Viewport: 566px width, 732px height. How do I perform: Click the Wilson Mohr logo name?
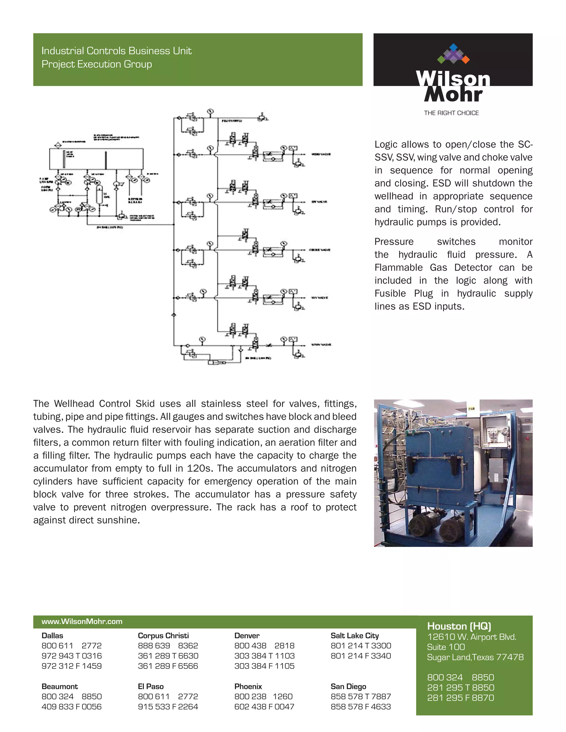(453, 86)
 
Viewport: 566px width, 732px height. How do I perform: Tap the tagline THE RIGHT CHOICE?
(451, 113)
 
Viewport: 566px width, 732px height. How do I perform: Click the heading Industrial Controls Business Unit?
(116, 51)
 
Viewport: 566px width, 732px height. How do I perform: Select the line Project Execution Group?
(96, 64)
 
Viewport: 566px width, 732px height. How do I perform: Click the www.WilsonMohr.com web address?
(82, 622)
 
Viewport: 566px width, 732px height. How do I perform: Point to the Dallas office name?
(52, 636)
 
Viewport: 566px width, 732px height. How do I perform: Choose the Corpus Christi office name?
(163, 636)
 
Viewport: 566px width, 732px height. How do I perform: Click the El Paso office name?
(151, 686)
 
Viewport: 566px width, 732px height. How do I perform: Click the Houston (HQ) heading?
(459, 626)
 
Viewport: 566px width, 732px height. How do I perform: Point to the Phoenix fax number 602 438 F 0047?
(264, 707)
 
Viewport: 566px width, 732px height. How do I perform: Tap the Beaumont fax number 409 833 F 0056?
(71, 707)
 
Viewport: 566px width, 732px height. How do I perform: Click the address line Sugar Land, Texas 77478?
(475, 657)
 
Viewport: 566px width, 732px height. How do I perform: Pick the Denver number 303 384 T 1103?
(264, 655)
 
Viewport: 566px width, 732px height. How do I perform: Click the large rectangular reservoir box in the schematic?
(96, 159)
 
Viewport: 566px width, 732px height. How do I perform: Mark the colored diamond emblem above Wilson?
(453, 54)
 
